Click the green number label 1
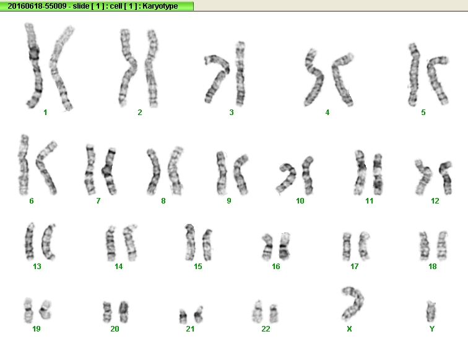pos(45,113)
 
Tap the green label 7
pos(98,201)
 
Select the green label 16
pos(276,267)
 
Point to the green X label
pos(349,328)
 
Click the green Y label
pos(431,328)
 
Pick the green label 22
pos(266,328)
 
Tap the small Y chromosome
pos(431,311)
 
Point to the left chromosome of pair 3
pos(217,78)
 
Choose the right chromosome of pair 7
pos(109,171)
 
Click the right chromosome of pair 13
pos(48,242)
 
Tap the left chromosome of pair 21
pos(183,317)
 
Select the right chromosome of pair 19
pos(46,310)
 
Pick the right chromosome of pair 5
pos(436,79)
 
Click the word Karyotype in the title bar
pos(160,6)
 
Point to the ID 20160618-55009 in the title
pos(37,6)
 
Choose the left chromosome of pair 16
pos(267,247)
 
